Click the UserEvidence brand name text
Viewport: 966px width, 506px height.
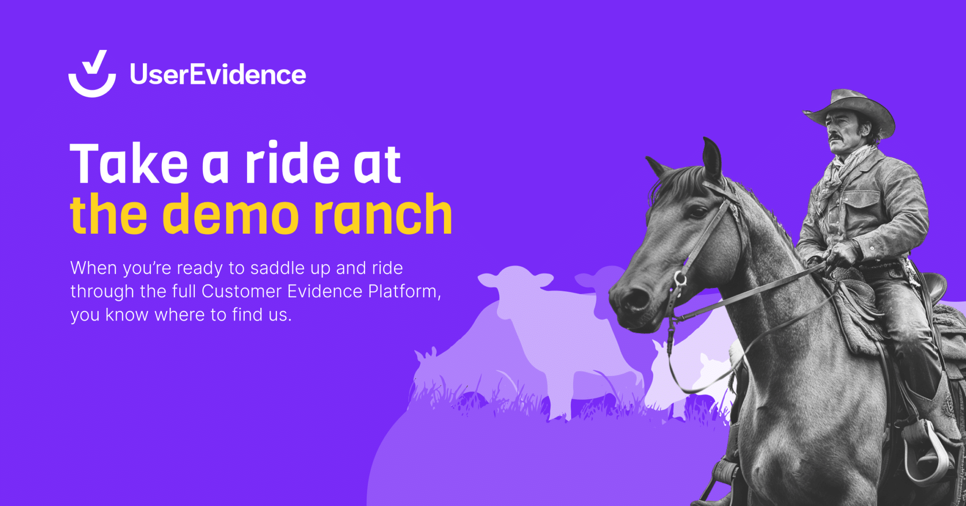[217, 75]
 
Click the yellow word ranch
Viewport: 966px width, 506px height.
[382, 215]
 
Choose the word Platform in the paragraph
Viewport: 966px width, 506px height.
[403, 291]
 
